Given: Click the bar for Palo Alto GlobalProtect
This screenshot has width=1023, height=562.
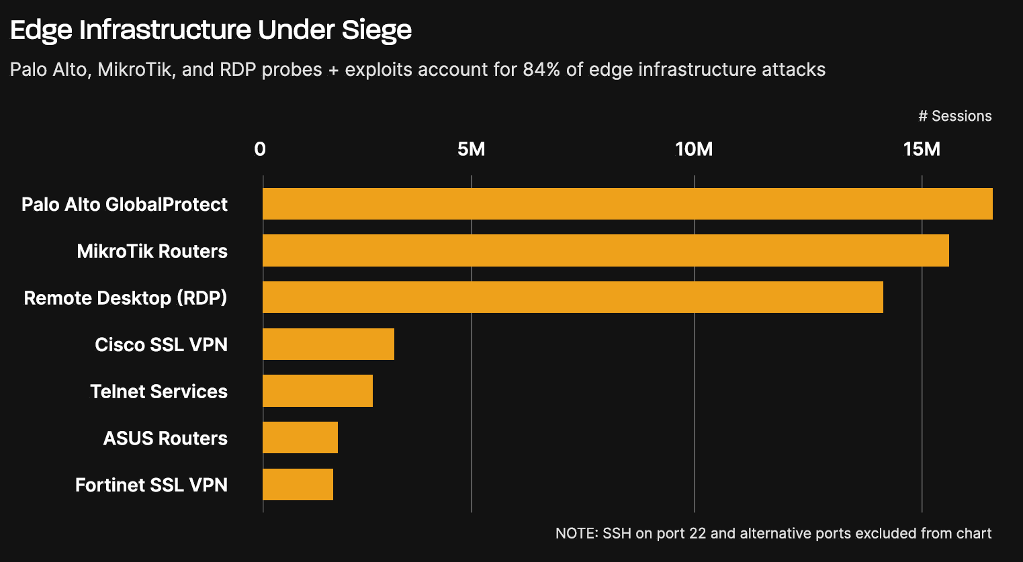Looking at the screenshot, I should tap(627, 203).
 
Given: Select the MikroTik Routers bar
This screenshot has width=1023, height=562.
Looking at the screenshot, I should tap(605, 250).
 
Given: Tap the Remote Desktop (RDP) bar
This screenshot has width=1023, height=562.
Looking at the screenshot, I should tap(572, 297).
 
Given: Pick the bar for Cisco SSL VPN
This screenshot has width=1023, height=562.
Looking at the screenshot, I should tap(328, 344).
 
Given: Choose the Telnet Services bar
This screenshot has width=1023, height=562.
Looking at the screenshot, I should tap(317, 391).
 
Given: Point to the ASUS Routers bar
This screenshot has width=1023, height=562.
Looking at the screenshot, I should tap(300, 438).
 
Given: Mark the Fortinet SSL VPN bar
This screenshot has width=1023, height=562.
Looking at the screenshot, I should tap(298, 485).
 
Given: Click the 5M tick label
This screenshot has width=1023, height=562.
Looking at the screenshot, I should tap(471, 149).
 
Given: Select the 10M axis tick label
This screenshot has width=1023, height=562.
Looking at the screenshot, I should tap(694, 149).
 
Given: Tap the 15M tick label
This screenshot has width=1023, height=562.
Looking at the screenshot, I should tap(922, 149).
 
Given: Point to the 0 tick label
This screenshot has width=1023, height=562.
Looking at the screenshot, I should tap(260, 149).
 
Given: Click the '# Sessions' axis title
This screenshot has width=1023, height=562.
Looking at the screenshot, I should tap(954, 116).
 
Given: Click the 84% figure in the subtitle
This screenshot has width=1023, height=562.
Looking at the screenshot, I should tap(541, 70).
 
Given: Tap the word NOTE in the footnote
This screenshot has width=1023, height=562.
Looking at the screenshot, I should tap(576, 534).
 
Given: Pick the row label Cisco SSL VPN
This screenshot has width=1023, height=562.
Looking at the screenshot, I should tap(161, 344).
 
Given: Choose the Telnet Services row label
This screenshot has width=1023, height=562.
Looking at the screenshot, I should tap(159, 391).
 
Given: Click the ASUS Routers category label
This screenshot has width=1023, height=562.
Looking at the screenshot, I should tap(165, 438).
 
